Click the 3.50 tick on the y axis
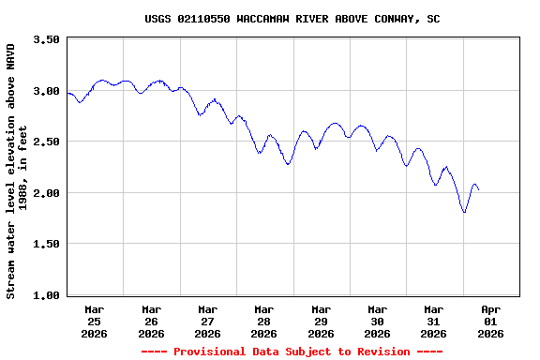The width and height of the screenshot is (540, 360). click(46, 40)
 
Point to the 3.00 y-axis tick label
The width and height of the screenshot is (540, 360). click(46, 91)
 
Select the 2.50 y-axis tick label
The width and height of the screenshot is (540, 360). click(46, 142)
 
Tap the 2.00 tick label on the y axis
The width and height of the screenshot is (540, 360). click(46, 193)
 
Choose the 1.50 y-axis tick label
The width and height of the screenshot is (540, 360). click(46, 244)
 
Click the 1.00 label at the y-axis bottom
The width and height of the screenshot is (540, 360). click(46, 295)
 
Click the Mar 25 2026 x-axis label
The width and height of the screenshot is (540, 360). click(95, 321)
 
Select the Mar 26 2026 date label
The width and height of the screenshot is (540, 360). click(151, 321)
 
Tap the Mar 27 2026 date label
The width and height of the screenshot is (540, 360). click(207, 321)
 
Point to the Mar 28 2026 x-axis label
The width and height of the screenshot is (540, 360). click(264, 321)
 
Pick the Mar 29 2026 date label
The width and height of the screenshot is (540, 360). click(321, 321)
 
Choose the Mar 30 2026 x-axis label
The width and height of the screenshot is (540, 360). click(377, 321)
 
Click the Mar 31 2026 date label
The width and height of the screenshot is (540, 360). click(433, 321)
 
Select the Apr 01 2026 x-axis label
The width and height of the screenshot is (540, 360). click(490, 321)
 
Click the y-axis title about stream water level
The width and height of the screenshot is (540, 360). click(17, 171)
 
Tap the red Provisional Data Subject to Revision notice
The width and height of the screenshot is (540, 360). click(292, 352)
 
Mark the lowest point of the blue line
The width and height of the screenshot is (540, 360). click(464, 212)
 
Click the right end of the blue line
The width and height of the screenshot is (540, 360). click(479, 190)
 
